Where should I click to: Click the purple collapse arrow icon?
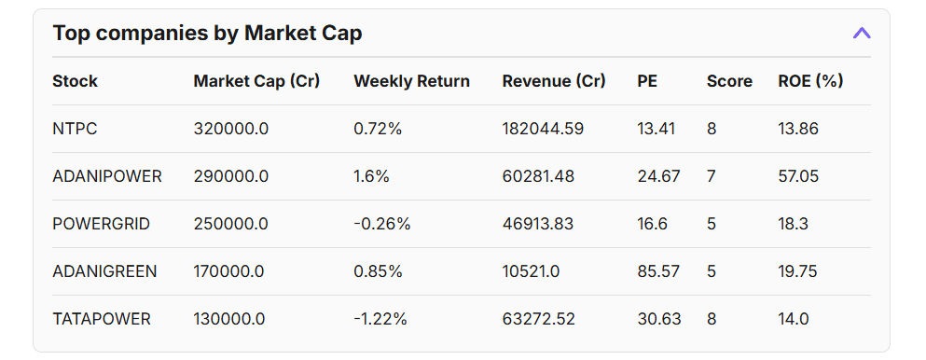pyautogui.click(x=862, y=34)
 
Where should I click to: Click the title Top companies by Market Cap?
pyautogui.click(x=207, y=34)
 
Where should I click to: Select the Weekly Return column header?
pyautogui.click(x=411, y=81)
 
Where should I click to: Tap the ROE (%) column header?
pyautogui.click(x=810, y=81)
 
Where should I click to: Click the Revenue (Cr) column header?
pyautogui.click(x=554, y=81)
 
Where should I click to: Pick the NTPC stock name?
pyautogui.click(x=75, y=129)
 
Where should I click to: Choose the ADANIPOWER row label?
pyautogui.click(x=107, y=176)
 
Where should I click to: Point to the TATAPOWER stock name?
pyautogui.click(x=102, y=319)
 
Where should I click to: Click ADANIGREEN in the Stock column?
pyautogui.click(x=104, y=271)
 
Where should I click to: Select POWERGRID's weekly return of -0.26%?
pyautogui.click(x=381, y=224)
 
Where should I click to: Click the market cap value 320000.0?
pyautogui.click(x=230, y=129)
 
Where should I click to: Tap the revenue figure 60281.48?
pyautogui.click(x=538, y=176)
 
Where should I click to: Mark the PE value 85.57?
pyautogui.click(x=658, y=271)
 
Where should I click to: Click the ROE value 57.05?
pyautogui.click(x=797, y=176)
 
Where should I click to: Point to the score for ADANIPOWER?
pyautogui.click(x=712, y=176)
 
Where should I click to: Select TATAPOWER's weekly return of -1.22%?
pyautogui.click(x=380, y=319)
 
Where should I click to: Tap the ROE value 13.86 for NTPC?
pyautogui.click(x=797, y=129)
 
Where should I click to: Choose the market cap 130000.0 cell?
pyautogui.click(x=228, y=319)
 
